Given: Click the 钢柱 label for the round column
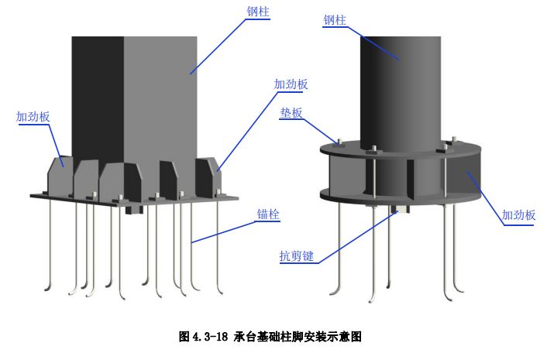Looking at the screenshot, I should tap(334, 22).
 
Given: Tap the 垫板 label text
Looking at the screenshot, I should tap(292, 112).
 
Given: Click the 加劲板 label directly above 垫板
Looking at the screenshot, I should tap(291, 84).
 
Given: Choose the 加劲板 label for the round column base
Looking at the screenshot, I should tap(518, 215).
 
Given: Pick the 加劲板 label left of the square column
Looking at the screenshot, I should tap(33, 117).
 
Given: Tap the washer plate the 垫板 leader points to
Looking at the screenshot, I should tap(338, 142).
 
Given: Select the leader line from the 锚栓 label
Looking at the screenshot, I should tap(225, 230).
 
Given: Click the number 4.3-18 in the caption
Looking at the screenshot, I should tap(210, 337).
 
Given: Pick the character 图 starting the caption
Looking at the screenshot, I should tap(184, 337).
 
